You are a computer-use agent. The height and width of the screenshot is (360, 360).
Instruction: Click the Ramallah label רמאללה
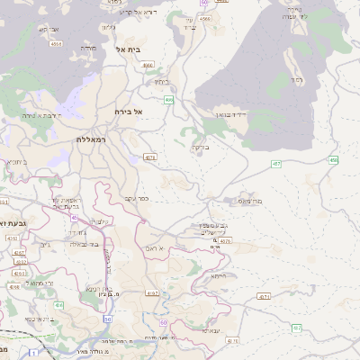[94, 140]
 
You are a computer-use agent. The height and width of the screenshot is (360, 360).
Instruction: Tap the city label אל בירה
[130, 112]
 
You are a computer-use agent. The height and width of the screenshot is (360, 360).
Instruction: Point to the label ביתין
[160, 82]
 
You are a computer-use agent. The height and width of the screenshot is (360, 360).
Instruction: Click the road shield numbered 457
[276, 164]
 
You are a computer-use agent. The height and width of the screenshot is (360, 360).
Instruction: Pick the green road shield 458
[333, 160]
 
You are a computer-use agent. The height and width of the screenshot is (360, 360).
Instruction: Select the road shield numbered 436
[58, 306]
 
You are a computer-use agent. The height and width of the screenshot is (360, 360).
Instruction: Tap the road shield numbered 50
[108, 319]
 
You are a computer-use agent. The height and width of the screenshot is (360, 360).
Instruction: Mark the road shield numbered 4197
[151, 293]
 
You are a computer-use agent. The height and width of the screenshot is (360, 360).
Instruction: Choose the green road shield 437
[297, 328]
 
